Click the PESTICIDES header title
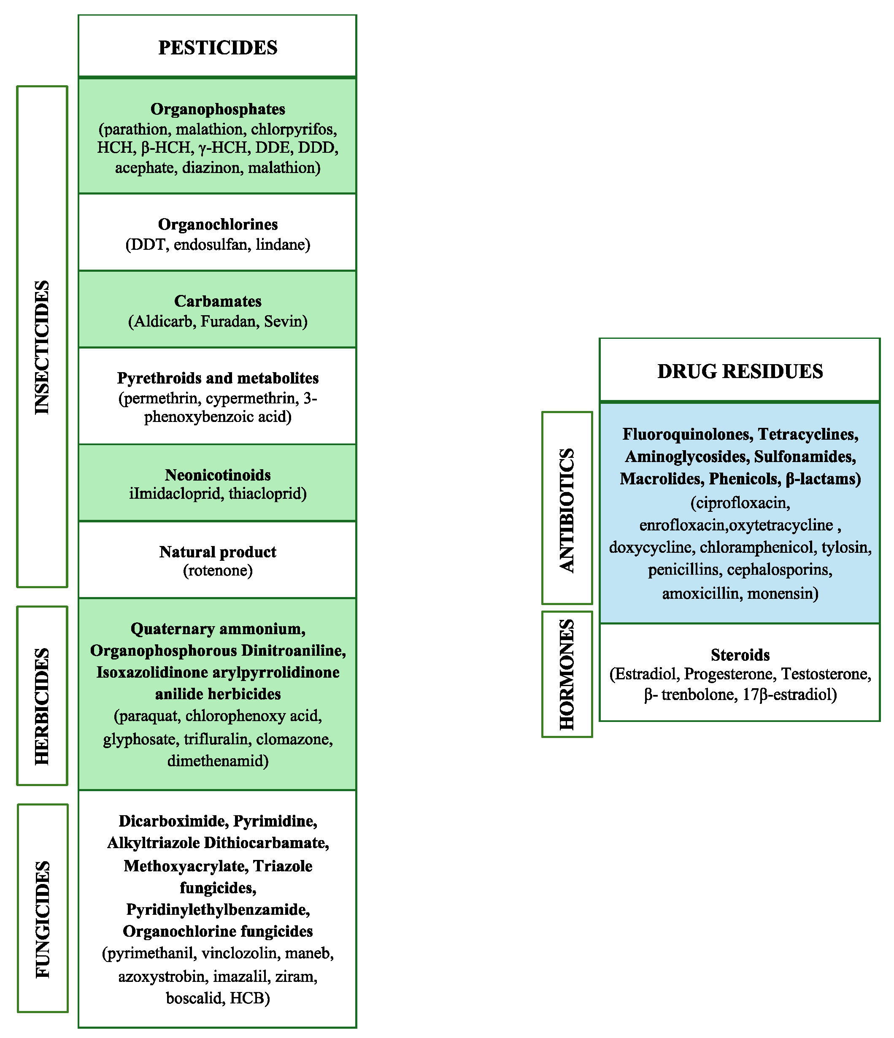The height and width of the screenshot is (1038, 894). (x=217, y=48)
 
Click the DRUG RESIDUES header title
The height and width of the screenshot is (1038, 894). (x=740, y=371)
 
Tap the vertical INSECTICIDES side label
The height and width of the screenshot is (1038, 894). (x=42, y=347)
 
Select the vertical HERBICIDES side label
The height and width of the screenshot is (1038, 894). (x=42, y=706)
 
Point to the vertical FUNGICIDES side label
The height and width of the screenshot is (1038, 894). (x=43, y=919)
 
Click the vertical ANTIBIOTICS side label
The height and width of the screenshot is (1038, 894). (x=567, y=510)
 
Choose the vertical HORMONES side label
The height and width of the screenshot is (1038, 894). (x=567, y=674)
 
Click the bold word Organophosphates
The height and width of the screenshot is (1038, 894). (x=217, y=109)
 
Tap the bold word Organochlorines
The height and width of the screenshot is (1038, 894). (x=217, y=224)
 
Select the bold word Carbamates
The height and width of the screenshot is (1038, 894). (x=217, y=301)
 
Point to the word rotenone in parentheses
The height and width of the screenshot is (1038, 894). (x=217, y=570)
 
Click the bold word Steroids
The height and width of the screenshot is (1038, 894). (x=740, y=655)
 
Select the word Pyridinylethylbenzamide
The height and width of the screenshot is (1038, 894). (x=217, y=909)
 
